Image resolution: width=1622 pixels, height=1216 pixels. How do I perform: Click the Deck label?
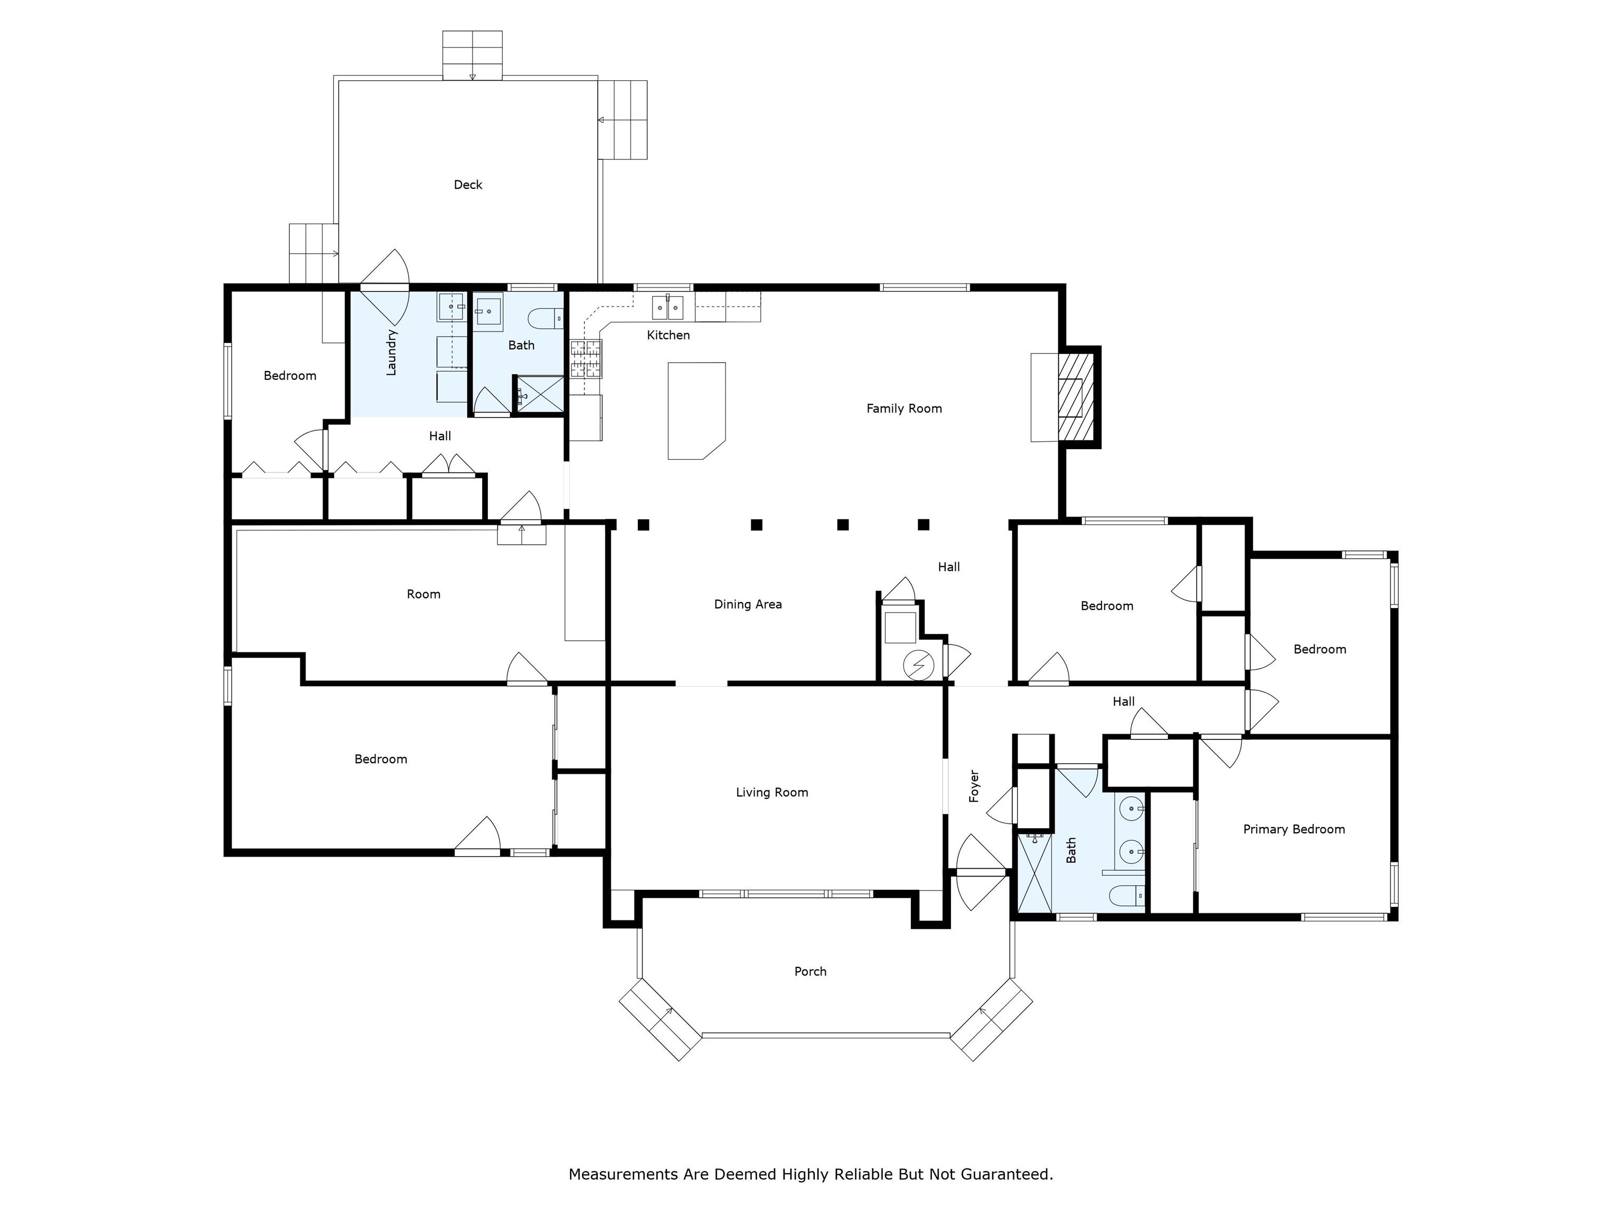[468, 185]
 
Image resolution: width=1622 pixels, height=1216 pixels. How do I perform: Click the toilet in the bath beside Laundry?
[543, 319]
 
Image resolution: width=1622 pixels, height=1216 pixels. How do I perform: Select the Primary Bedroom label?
[1294, 829]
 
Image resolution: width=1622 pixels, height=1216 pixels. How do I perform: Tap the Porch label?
[810, 971]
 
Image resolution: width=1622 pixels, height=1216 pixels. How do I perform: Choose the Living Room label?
[771, 792]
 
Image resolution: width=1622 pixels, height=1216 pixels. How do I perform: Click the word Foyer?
[974, 786]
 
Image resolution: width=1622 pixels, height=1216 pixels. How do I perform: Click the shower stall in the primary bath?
[1035, 875]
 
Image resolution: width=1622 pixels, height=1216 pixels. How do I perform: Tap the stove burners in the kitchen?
[586, 358]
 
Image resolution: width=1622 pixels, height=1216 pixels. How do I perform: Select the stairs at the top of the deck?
[472, 55]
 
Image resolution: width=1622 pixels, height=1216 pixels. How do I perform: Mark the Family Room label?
[903, 408]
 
